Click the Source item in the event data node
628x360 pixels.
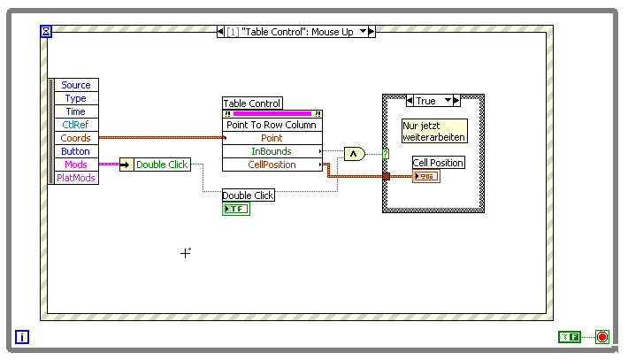click(x=76, y=85)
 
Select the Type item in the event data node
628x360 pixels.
click(x=76, y=98)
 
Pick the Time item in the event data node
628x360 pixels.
click(x=76, y=111)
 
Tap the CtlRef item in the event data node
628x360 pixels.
click(x=76, y=125)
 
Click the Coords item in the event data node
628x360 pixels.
click(x=76, y=138)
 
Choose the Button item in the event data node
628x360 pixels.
click(x=76, y=151)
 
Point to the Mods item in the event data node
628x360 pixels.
click(x=76, y=165)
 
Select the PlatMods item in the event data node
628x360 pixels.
click(x=76, y=178)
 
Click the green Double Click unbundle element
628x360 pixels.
click(x=161, y=165)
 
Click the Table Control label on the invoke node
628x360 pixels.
click(x=252, y=103)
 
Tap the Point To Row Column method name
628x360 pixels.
click(x=272, y=125)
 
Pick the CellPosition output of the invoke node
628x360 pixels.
click(x=272, y=165)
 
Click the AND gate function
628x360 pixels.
click(x=354, y=154)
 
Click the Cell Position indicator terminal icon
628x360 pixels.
click(x=425, y=177)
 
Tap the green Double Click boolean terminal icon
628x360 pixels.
click(x=236, y=209)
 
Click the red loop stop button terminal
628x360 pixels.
click(x=602, y=337)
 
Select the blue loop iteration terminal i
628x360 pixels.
click(x=22, y=337)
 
